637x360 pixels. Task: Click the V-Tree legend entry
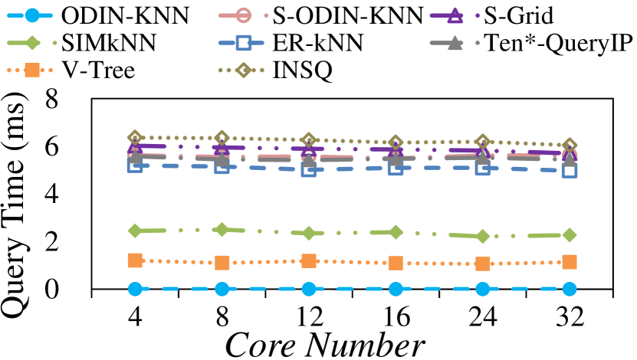coord(100,71)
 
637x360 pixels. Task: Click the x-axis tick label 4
coord(135,316)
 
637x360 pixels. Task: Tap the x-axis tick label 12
coord(309,316)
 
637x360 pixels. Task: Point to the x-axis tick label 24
coord(482,316)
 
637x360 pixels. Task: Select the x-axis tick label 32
coord(570,316)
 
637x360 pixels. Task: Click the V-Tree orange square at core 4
coord(135,261)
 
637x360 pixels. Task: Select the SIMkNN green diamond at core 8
coord(222,229)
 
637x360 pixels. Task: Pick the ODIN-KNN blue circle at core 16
coord(396,289)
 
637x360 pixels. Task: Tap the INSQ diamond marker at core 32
coord(570,145)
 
